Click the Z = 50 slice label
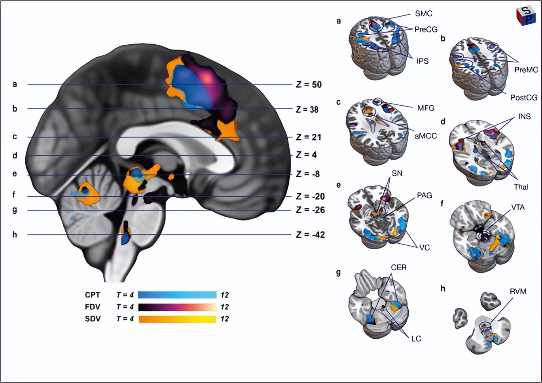pyautogui.click(x=309, y=84)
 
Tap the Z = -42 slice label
pyautogui.click(x=310, y=235)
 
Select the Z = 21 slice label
pyautogui.click(x=309, y=137)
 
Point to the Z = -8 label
pyautogui.click(x=308, y=174)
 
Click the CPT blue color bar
pyautogui.click(x=177, y=295)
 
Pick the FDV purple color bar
pyautogui.click(x=177, y=307)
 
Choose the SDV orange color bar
pyautogui.click(x=177, y=319)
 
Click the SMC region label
pyautogui.click(x=423, y=14)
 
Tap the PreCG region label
pyautogui.click(x=426, y=29)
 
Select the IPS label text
pyautogui.click(x=422, y=61)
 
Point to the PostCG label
pyautogui.click(x=523, y=97)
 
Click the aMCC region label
pyautogui.click(x=426, y=136)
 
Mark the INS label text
pyautogui.click(x=524, y=117)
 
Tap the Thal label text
pyautogui.click(x=521, y=187)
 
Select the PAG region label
pyautogui.click(x=424, y=195)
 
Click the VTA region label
pyautogui.click(x=518, y=207)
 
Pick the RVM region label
pyautogui.click(x=518, y=292)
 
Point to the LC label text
pyautogui.click(x=416, y=339)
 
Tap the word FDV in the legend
pyautogui.click(x=93, y=307)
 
